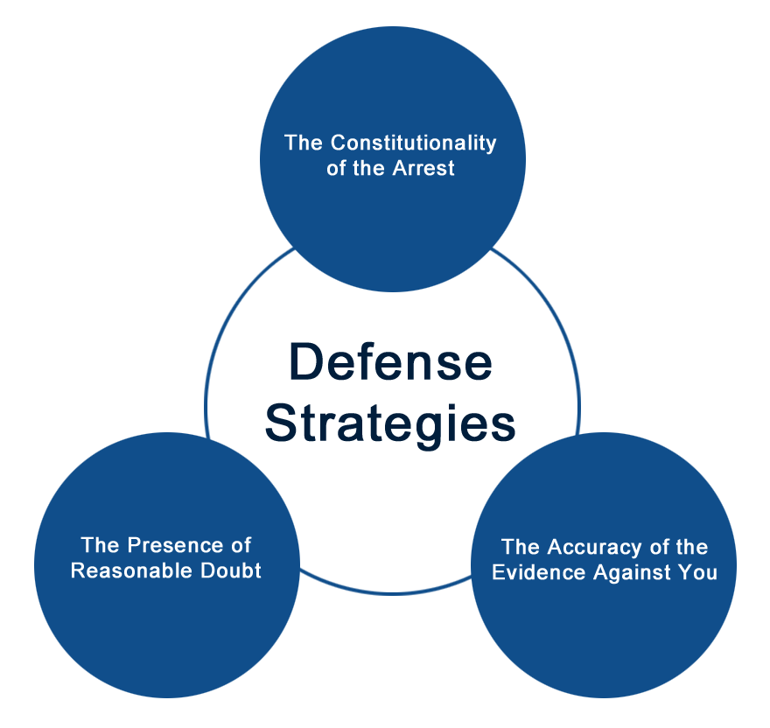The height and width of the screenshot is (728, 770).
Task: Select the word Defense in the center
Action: click(390, 363)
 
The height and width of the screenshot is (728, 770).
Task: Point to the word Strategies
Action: click(390, 423)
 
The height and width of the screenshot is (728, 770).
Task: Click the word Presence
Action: click(171, 546)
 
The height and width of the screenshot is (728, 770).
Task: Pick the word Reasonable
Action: click(128, 571)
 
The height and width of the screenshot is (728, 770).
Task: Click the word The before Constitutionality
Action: click(302, 143)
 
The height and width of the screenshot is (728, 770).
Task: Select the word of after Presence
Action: click(240, 546)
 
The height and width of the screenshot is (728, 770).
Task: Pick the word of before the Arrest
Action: click(337, 168)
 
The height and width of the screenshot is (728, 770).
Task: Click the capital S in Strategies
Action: click(280, 423)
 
